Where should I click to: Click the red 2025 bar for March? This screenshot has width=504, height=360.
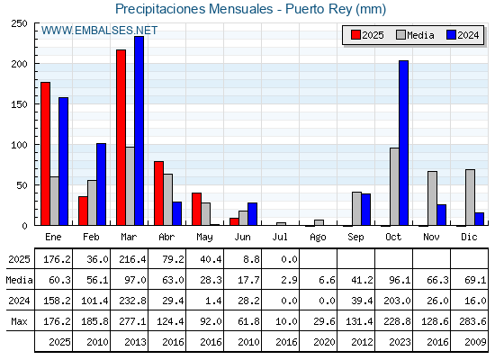[x=121, y=138]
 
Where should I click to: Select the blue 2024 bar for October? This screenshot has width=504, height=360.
[x=404, y=143]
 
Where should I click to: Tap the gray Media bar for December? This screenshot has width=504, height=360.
[x=470, y=197]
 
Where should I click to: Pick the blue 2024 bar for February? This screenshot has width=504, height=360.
[x=101, y=184]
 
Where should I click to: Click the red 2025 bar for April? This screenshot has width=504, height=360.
[x=158, y=193]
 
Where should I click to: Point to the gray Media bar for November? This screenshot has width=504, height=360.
[x=432, y=198]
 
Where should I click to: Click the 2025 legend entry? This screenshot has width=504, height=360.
[x=367, y=35]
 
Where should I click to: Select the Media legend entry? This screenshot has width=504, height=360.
[x=415, y=35]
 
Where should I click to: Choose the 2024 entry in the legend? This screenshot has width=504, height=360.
[x=463, y=35]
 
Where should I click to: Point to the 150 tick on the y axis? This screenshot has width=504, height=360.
[x=20, y=104]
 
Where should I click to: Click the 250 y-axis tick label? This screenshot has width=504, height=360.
[x=20, y=23]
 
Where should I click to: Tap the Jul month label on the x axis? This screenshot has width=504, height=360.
[x=280, y=237]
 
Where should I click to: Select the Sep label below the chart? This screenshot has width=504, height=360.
[x=355, y=238]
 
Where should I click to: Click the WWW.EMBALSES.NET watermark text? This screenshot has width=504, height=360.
[x=99, y=31]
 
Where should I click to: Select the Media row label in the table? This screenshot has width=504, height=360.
[x=19, y=280]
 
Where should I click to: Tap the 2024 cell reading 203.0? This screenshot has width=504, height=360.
[x=397, y=301]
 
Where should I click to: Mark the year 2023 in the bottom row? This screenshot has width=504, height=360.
[x=400, y=342]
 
